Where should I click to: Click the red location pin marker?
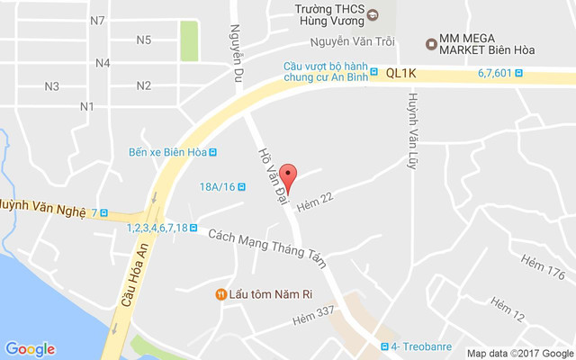(287, 174)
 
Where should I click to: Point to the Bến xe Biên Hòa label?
(168, 152)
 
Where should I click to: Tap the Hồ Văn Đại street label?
(271, 172)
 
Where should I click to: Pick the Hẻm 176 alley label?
(543, 268)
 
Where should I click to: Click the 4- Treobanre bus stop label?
(421, 347)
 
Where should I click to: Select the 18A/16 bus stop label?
(217, 187)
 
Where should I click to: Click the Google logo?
(30, 349)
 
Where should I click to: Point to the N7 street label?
(98, 20)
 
